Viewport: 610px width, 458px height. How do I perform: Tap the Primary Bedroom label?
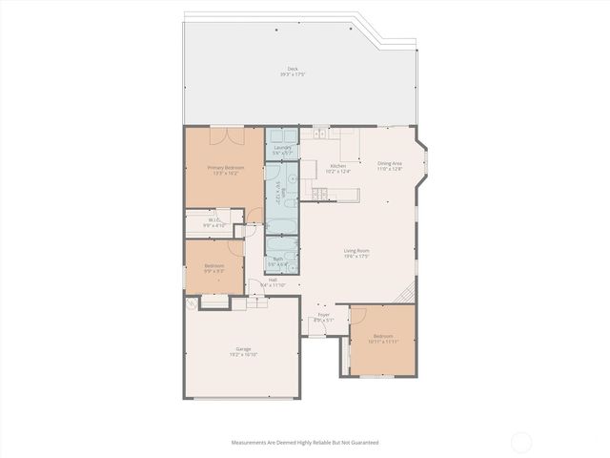pyautogui.click(x=224, y=170)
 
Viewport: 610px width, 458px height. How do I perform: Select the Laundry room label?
pyautogui.click(x=282, y=149)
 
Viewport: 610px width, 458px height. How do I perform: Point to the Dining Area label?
pyautogui.click(x=390, y=166)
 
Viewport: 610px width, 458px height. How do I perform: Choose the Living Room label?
pyautogui.click(x=356, y=254)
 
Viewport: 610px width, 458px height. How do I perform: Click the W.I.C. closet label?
pyautogui.click(x=215, y=221)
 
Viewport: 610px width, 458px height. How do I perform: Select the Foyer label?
pyautogui.click(x=323, y=318)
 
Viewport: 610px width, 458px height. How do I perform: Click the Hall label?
pyautogui.click(x=272, y=281)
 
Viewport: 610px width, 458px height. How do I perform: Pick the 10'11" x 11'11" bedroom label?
pyautogui.click(x=382, y=339)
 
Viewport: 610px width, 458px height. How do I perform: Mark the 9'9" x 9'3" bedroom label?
pyautogui.click(x=214, y=268)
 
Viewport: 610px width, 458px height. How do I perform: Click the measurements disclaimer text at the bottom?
pyautogui.click(x=304, y=443)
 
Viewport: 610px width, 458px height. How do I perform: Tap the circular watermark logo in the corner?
pyautogui.click(x=521, y=442)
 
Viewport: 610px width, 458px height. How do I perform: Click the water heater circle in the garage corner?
pyautogui.click(x=192, y=304)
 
